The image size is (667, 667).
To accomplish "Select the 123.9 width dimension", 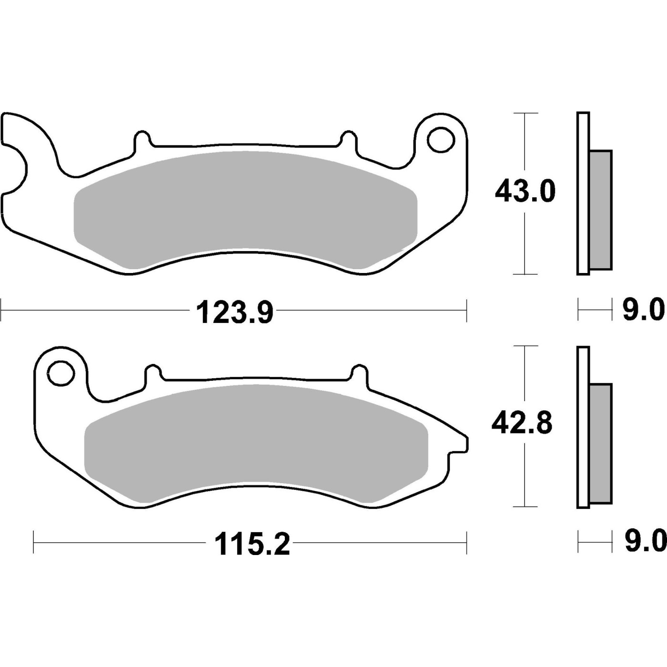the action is (x=235, y=313).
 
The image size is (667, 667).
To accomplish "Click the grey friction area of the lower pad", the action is (x=256, y=444).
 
